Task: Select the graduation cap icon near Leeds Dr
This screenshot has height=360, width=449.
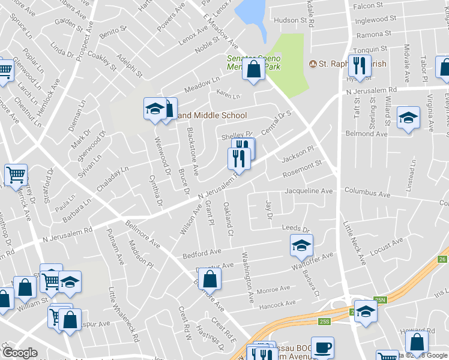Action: click(301, 244)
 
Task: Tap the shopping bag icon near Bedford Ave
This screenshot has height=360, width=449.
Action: click(209, 278)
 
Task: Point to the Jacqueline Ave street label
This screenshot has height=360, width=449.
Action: click(309, 191)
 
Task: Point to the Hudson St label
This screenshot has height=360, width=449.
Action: click(290, 20)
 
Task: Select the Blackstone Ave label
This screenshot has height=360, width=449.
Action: click(192, 151)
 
